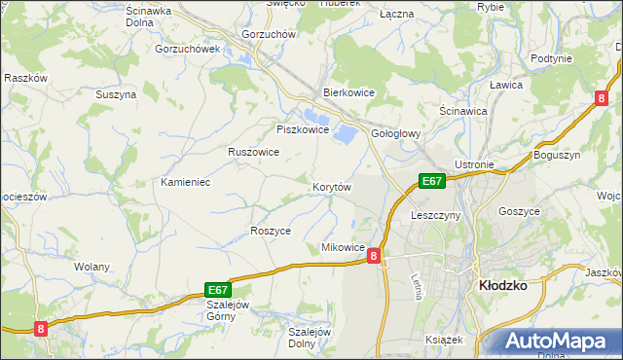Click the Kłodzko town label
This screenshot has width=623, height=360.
coord(503,286)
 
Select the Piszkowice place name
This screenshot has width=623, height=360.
coord(304,129)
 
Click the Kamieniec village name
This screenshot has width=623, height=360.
coord(186,183)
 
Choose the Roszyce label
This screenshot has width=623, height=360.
coord(270,231)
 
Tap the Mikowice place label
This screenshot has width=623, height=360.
coord(343,248)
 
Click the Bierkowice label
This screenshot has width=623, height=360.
coord(349,93)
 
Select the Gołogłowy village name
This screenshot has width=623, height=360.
coord(395,135)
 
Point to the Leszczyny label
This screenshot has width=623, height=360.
coord(435,214)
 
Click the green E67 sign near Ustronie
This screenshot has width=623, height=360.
coord(432,181)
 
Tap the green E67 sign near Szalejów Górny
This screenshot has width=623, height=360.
coord(217,289)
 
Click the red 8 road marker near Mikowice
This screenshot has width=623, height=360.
coord(374,254)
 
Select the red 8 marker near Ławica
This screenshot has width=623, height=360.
coord(602,97)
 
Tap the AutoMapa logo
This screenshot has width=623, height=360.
coord(557,341)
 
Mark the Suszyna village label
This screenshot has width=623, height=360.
coord(115,94)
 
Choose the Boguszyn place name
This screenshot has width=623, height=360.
coord(557,155)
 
